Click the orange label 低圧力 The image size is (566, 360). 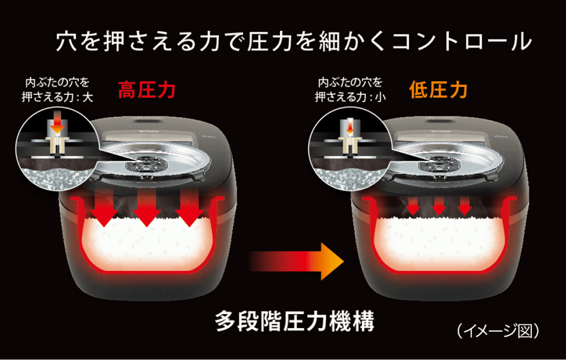tap(438, 91)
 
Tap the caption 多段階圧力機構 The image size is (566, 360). tap(295, 320)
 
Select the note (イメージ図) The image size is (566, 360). tap(498, 331)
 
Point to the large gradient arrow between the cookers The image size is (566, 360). tap(298, 260)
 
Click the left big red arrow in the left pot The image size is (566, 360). tap(103, 212)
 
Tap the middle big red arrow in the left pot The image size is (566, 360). tap(147, 212)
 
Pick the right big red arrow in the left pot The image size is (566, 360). tap(190, 212)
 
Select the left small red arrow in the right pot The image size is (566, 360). tap(413, 207)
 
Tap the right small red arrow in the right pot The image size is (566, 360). tap(464, 207)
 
